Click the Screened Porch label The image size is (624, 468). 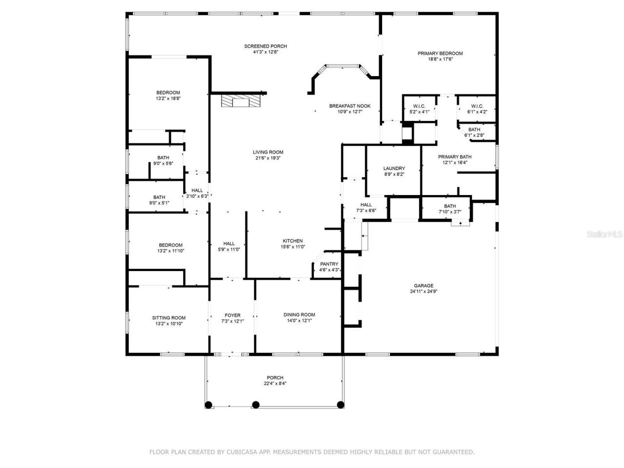click(x=266, y=46)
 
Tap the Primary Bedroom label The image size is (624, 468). click(x=440, y=54)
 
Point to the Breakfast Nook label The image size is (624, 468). click(x=350, y=106)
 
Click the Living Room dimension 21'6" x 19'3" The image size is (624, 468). click(x=268, y=158)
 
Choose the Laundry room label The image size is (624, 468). click(x=394, y=168)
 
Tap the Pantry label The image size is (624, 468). click(x=329, y=264)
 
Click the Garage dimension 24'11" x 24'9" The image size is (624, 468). click(x=424, y=292)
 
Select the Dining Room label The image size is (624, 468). click(x=299, y=314)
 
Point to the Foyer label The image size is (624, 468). click(x=233, y=315)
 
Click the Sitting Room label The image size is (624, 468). click(x=169, y=318)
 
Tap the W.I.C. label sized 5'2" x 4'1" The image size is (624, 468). click(x=419, y=106)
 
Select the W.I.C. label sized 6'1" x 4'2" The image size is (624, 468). click(x=477, y=106)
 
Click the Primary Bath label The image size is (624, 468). click(x=455, y=157)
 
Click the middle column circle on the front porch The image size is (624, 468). click(x=256, y=405)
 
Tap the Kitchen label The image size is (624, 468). click(x=293, y=241)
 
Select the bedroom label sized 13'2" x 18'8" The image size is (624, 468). click(x=168, y=93)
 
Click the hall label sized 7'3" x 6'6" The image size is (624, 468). click(x=366, y=205)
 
